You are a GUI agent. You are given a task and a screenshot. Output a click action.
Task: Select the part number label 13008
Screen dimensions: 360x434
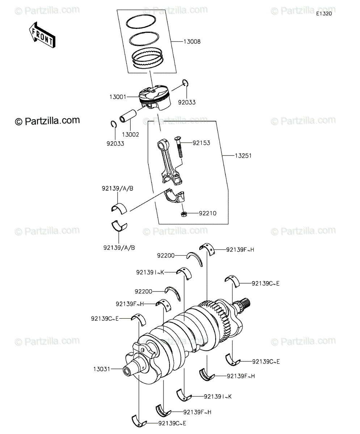192,42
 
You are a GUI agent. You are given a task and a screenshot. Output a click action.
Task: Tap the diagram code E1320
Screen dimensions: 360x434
324,14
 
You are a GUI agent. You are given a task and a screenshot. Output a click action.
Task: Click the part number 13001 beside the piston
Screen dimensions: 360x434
118,97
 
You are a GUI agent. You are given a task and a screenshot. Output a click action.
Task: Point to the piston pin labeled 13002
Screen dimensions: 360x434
128,116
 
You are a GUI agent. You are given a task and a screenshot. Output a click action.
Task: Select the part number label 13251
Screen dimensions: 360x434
243,156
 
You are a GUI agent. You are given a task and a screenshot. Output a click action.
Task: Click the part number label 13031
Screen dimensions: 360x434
102,369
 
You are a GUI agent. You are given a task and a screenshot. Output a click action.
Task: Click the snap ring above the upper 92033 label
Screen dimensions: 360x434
186,82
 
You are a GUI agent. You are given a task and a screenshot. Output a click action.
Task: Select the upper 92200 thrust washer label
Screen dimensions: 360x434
166,256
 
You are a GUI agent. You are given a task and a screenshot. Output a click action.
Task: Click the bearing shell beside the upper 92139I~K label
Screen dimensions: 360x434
184,273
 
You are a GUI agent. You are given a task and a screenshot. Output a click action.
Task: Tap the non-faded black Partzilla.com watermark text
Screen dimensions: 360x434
47,121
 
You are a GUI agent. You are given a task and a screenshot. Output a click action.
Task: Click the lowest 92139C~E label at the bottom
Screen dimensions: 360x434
172,424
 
